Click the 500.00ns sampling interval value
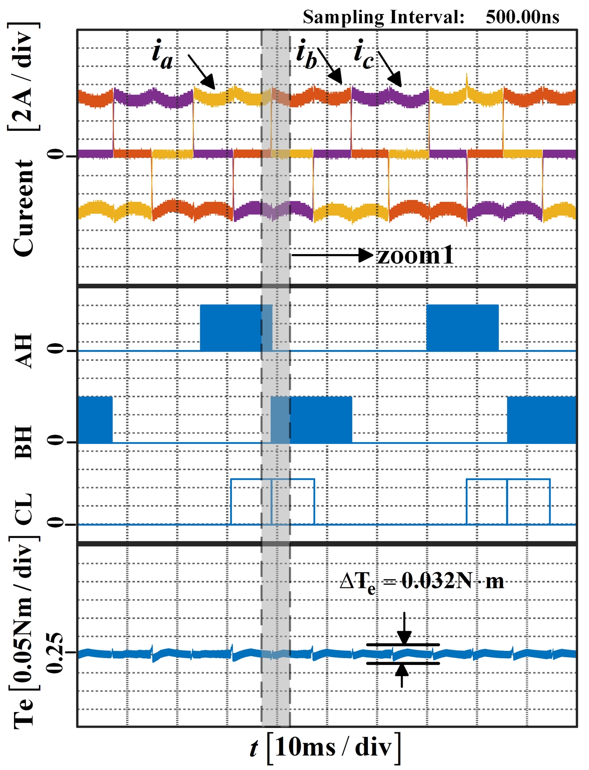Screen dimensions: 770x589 click(x=522, y=17)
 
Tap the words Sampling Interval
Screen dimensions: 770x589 click(x=384, y=17)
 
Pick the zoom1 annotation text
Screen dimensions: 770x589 click(x=416, y=255)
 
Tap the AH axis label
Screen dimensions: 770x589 click(x=24, y=351)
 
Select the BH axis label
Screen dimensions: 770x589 click(x=24, y=442)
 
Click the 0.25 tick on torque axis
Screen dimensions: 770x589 click(x=54, y=652)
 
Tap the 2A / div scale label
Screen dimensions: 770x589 click(x=23, y=77)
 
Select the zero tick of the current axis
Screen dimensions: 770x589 click(x=56, y=155)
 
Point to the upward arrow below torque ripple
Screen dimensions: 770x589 click(x=402, y=675)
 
